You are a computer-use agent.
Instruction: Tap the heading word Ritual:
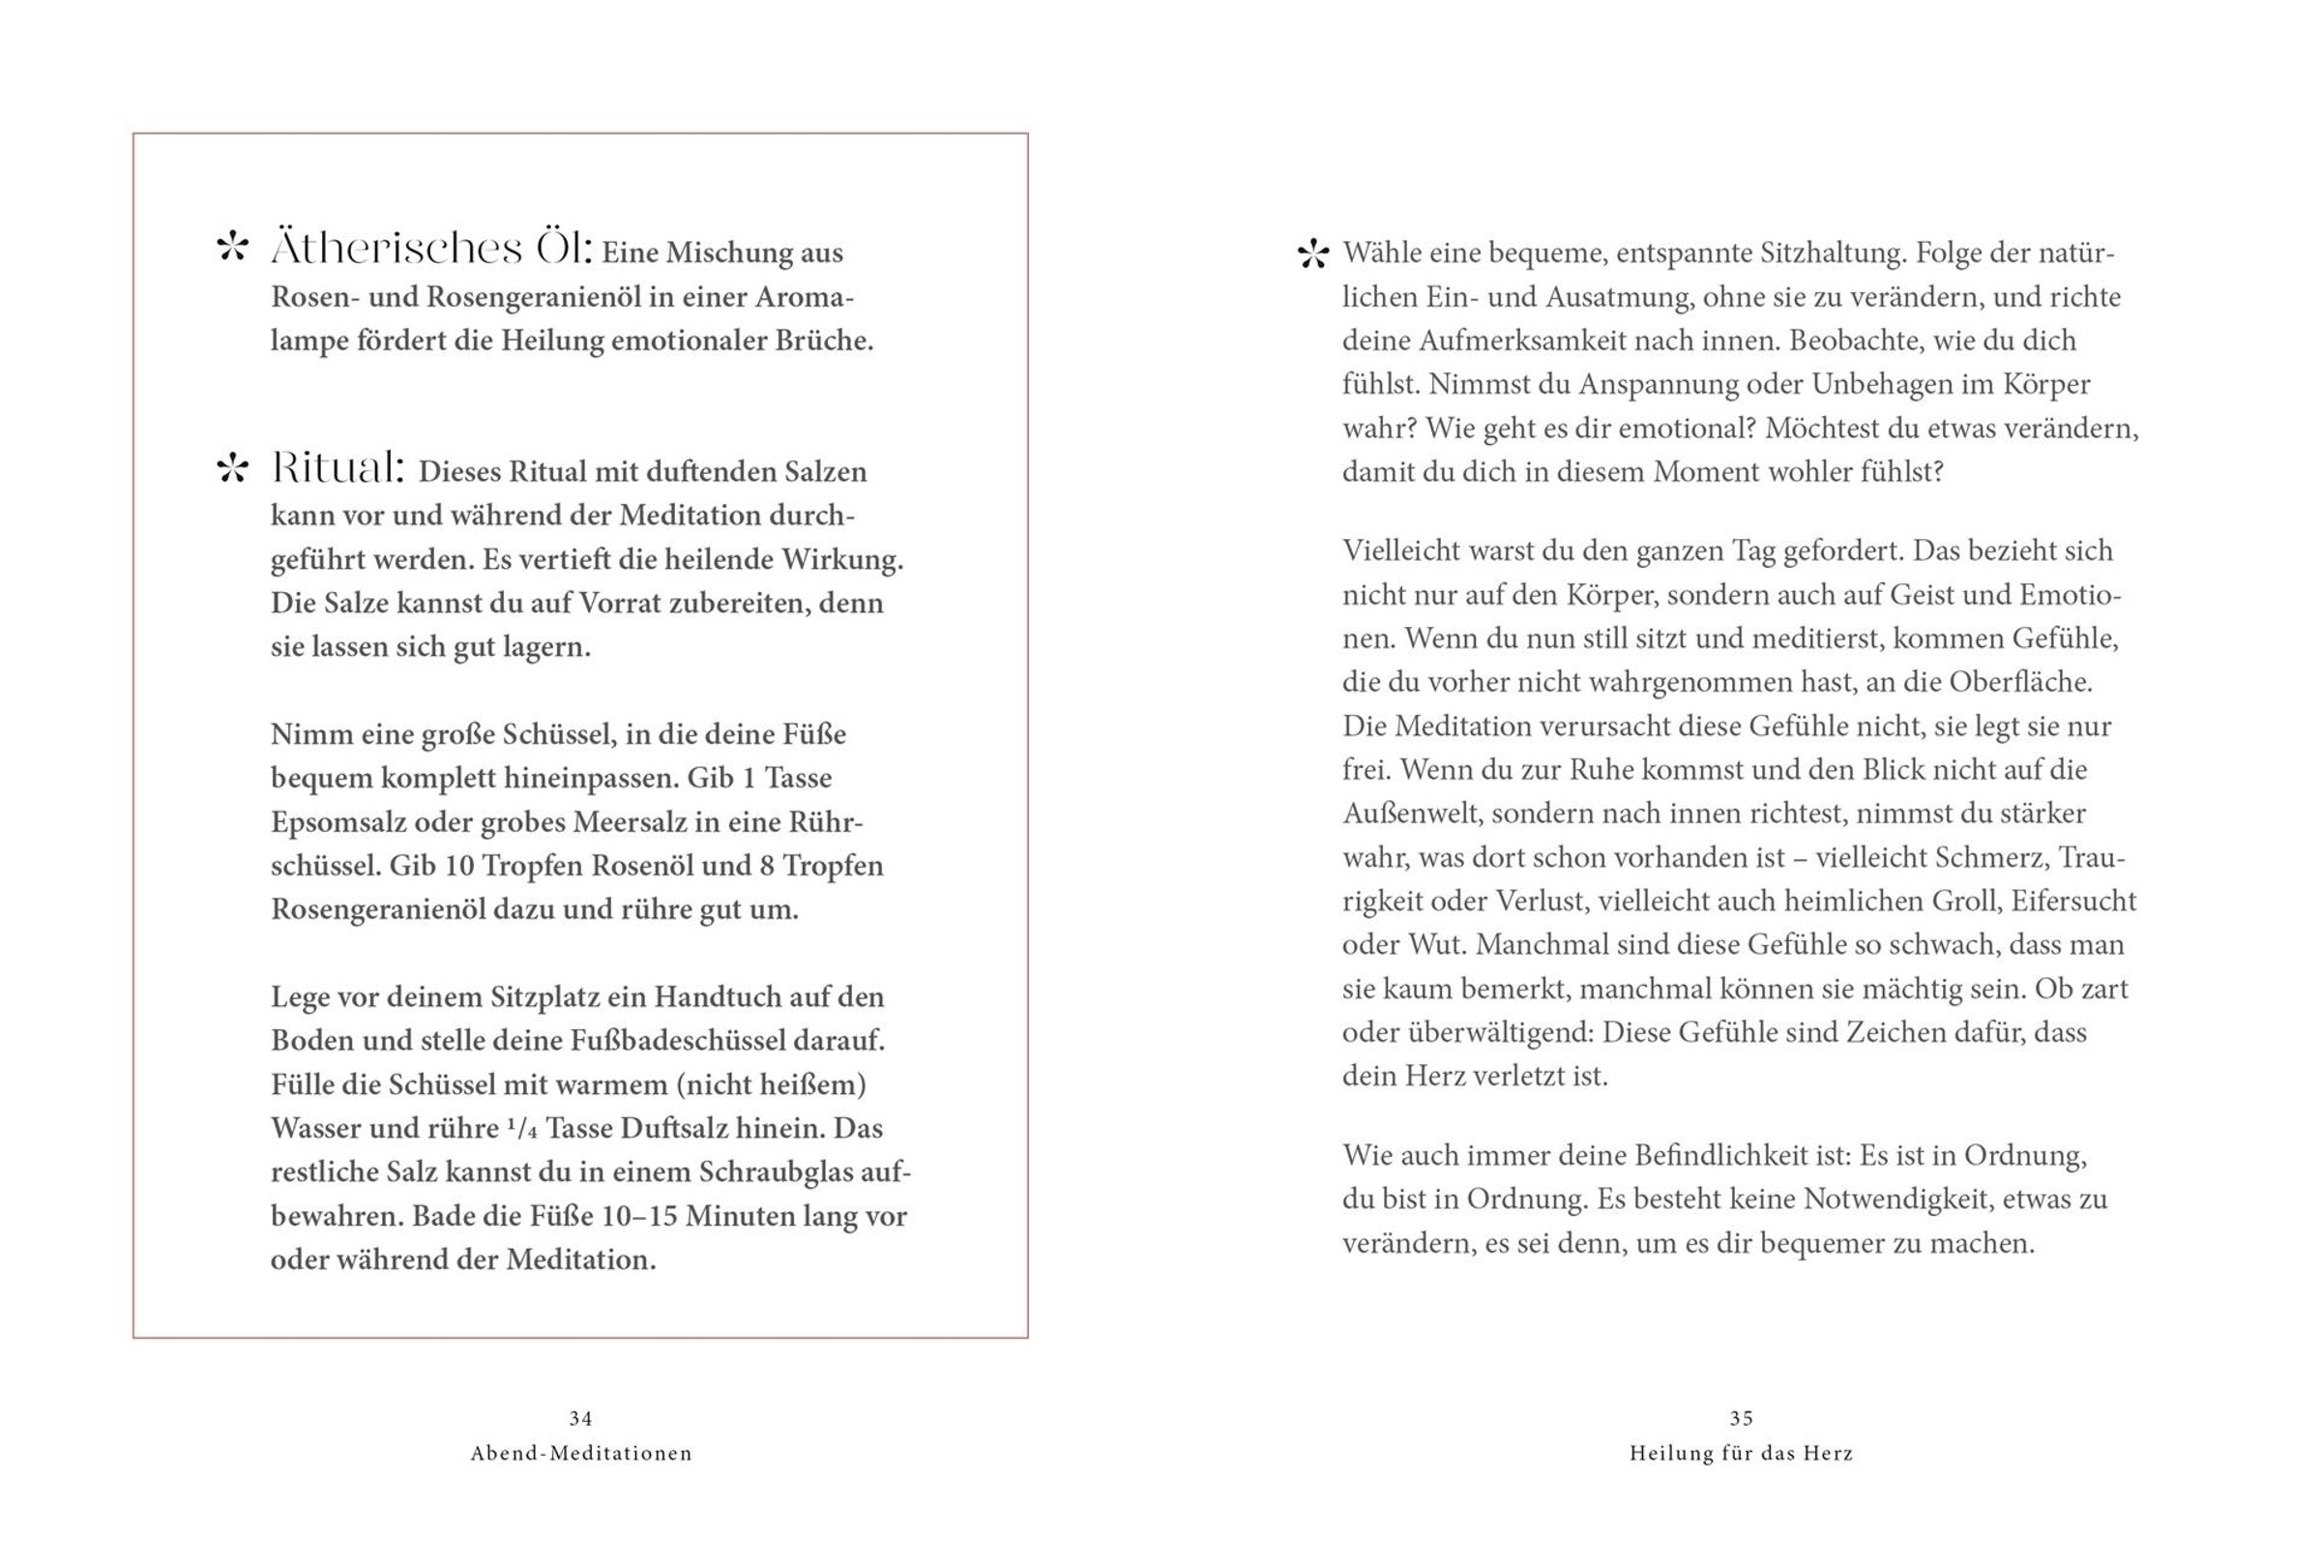(338, 468)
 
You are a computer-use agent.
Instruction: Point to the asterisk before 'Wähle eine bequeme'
(1312, 254)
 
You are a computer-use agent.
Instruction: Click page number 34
(581, 1418)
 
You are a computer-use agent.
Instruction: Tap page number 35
(1741, 1418)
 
